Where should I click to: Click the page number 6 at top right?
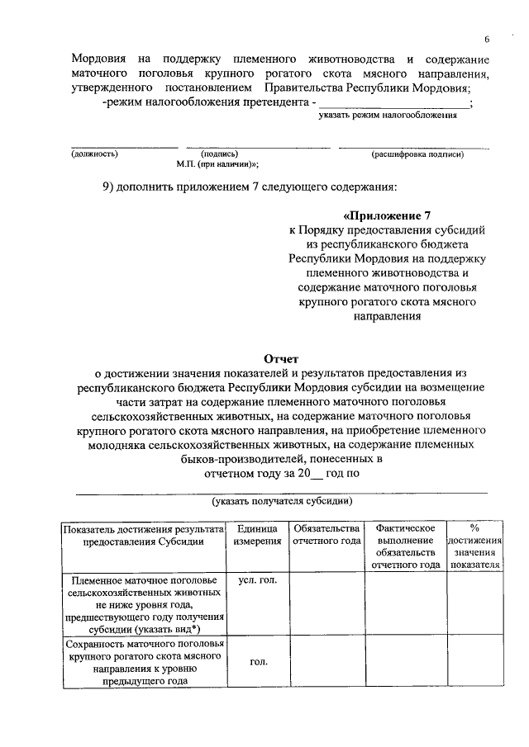[x=487, y=40]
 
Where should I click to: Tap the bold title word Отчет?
[x=281, y=359]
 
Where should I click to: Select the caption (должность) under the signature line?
[x=94, y=154]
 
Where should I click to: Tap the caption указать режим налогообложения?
[x=388, y=116]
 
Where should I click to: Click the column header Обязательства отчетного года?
[x=326, y=535]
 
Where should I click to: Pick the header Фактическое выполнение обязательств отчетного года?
[x=405, y=546]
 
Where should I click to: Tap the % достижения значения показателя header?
[x=474, y=546]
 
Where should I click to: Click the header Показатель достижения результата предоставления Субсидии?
[x=143, y=535]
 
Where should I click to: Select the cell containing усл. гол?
[x=257, y=580]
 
